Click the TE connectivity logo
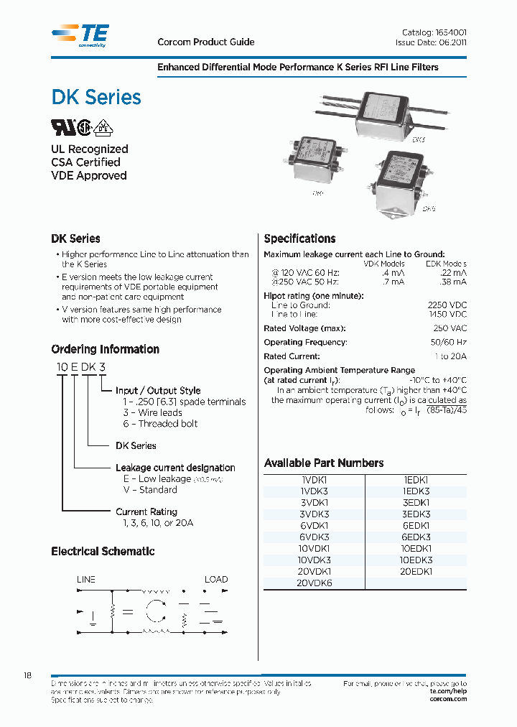tap(80, 34)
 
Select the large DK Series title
tap(96, 97)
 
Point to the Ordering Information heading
tap(105, 349)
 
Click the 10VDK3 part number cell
tap(314, 560)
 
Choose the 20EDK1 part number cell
tap(416, 571)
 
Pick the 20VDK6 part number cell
tap(314, 583)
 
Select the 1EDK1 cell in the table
tap(416, 479)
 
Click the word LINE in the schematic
tap(86, 579)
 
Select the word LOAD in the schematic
tap(216, 579)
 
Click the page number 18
tap(28, 676)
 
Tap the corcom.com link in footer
tap(448, 699)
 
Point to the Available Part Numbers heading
tap(324, 463)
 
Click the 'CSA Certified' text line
tap(85, 162)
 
